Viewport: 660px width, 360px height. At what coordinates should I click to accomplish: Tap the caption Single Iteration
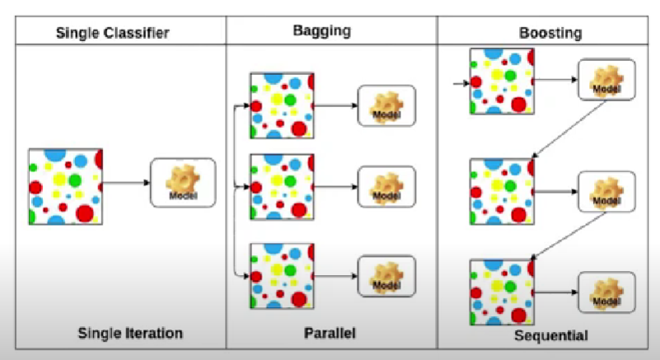tap(129, 334)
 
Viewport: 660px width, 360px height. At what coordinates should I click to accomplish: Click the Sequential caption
tap(550, 336)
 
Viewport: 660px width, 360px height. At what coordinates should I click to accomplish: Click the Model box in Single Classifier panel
tap(182, 182)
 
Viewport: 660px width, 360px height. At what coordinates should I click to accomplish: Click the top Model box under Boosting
tap(606, 80)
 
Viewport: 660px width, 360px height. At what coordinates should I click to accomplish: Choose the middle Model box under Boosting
tap(606, 192)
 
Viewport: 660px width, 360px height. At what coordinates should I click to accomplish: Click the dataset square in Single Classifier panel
tap(65, 186)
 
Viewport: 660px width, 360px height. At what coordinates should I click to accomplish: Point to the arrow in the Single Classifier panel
tap(125, 183)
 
